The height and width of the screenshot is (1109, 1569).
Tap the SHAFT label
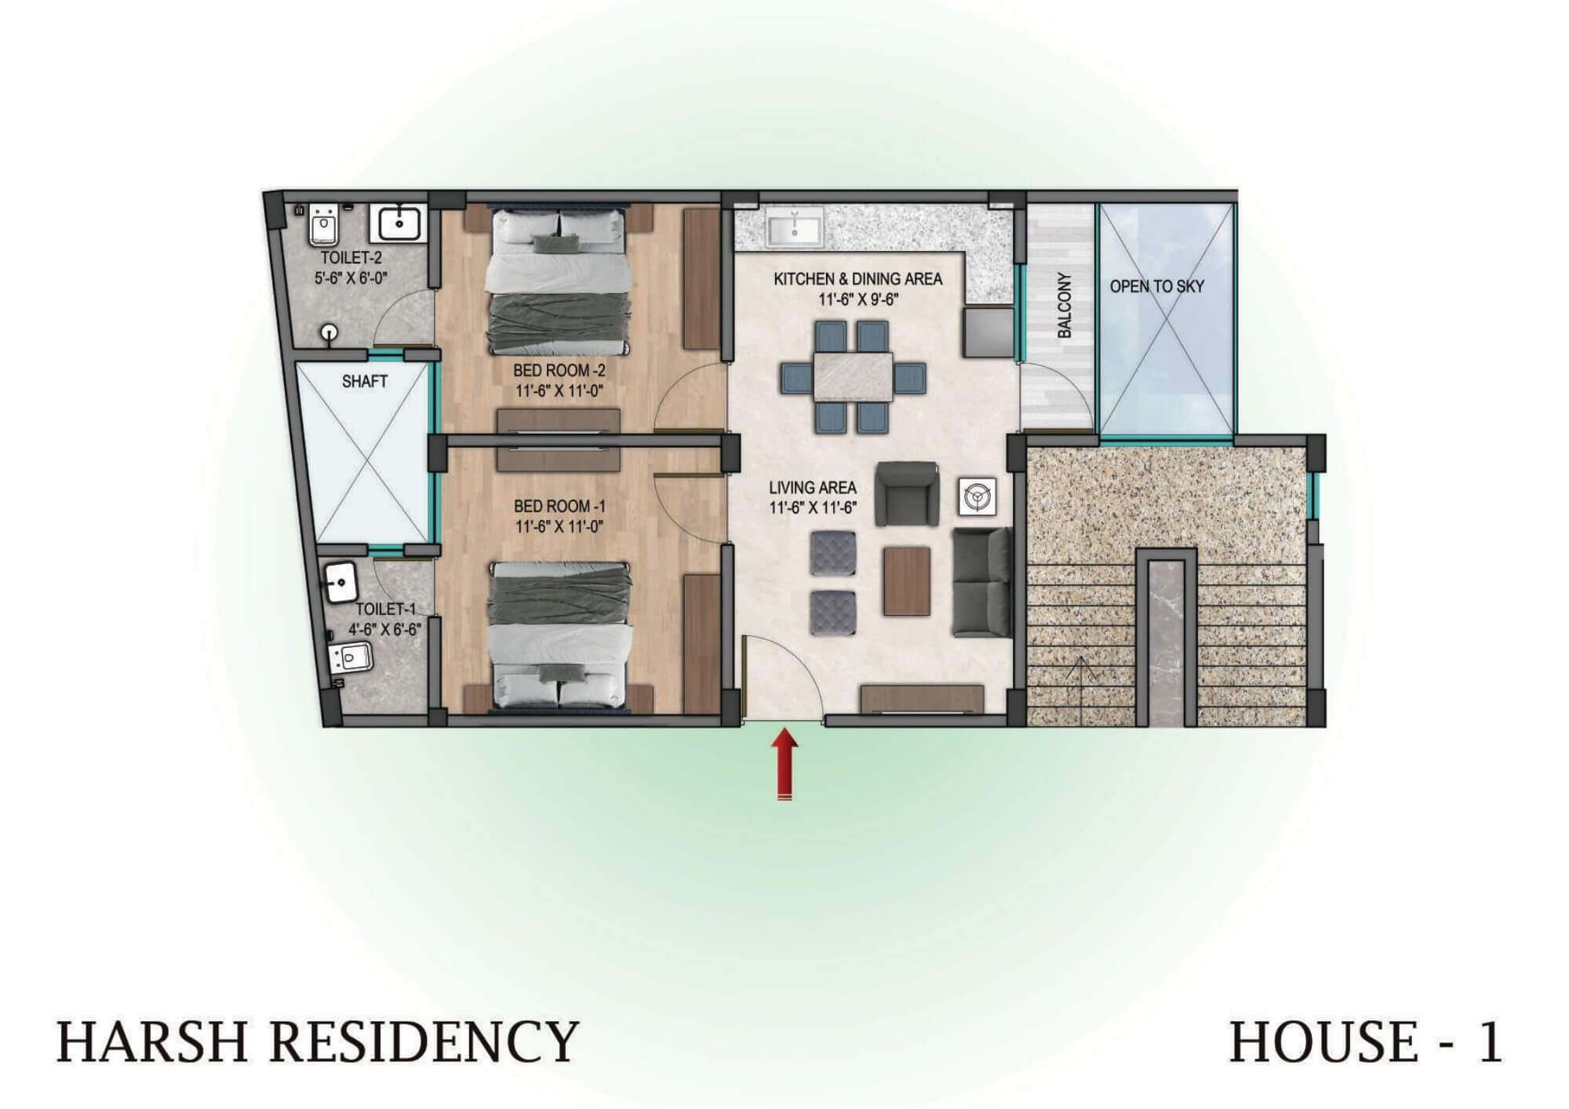(x=365, y=382)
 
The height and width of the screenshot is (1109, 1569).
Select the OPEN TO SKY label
(x=1156, y=286)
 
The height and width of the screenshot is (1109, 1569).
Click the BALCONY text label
(x=1064, y=305)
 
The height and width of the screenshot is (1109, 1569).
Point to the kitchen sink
(x=795, y=227)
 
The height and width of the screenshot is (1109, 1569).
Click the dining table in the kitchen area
(x=853, y=377)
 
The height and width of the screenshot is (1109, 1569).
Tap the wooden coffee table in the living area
(x=905, y=580)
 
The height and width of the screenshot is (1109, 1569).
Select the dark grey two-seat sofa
(x=981, y=581)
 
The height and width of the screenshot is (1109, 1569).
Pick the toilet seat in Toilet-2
(x=323, y=225)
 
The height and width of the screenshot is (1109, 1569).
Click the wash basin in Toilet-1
(x=340, y=583)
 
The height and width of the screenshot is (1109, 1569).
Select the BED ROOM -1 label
(x=559, y=506)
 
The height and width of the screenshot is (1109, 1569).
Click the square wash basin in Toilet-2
(x=399, y=223)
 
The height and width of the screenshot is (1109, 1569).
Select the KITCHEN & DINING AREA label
(x=857, y=279)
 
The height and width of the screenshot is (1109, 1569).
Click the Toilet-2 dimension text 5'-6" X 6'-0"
(x=352, y=277)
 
